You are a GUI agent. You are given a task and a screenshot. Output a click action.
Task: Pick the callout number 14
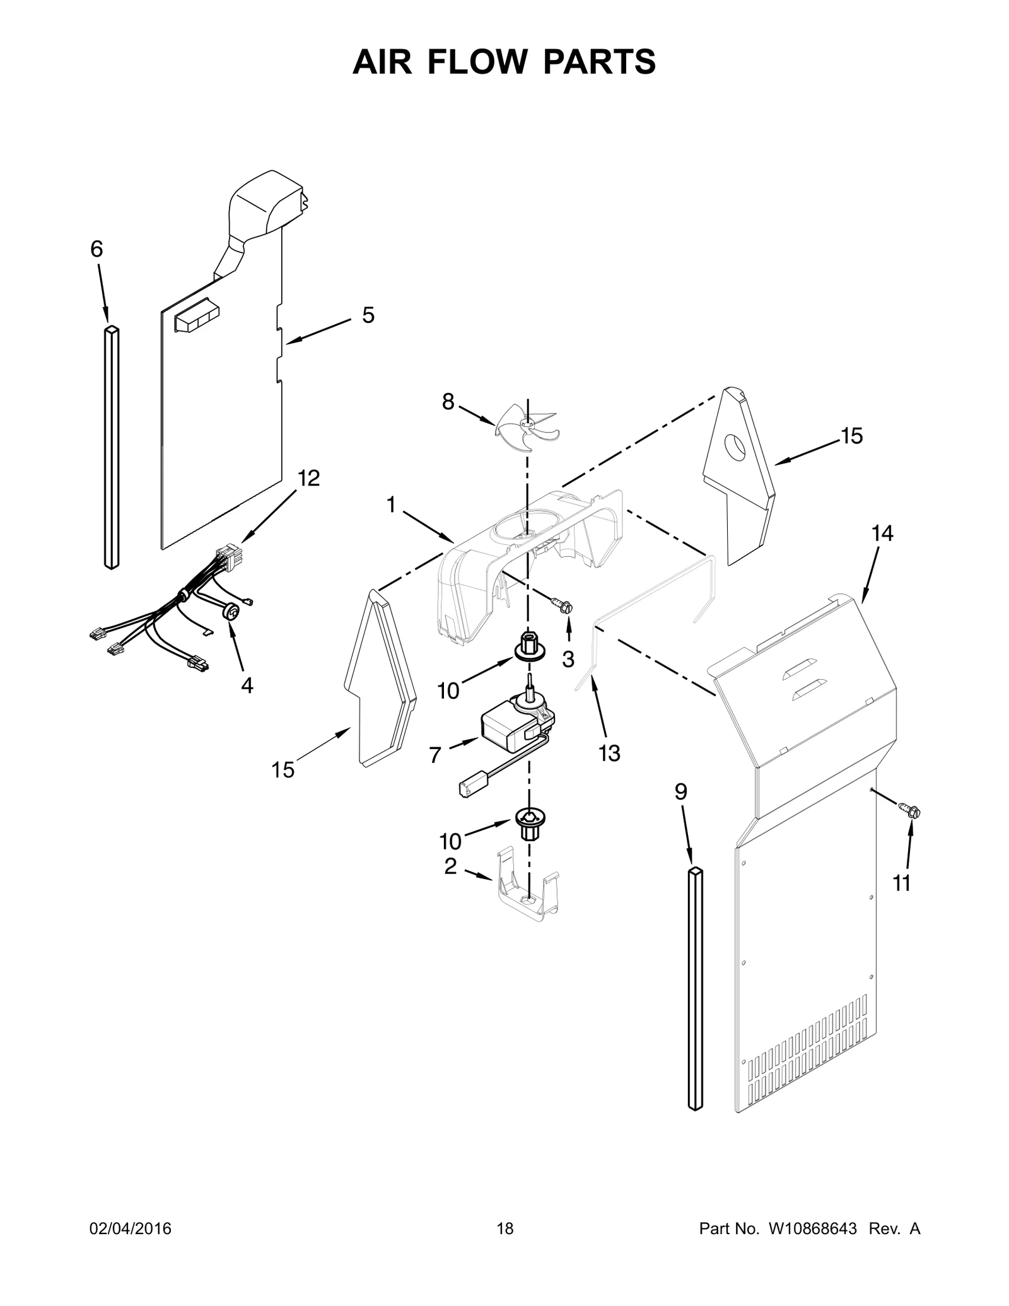(x=882, y=533)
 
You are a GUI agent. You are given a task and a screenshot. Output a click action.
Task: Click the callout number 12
(x=308, y=478)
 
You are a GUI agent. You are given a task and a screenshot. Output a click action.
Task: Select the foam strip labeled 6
(x=111, y=448)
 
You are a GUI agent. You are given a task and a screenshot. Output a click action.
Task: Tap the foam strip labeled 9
(x=694, y=988)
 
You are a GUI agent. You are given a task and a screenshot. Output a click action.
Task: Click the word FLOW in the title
(x=504, y=62)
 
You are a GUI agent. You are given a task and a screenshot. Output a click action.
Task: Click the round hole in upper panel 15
(x=733, y=446)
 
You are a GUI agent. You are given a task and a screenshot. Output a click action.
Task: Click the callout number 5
(x=368, y=315)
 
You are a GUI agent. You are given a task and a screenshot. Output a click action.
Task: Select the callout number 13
(x=609, y=753)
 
